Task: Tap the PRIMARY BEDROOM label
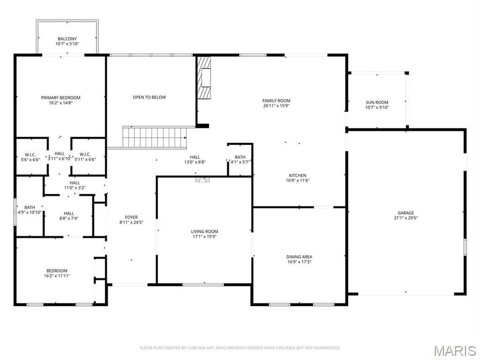(x=61, y=101)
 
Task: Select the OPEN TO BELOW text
(x=149, y=97)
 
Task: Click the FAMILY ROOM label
(x=276, y=103)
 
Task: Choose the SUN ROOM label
(x=377, y=105)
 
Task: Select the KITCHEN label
(x=298, y=178)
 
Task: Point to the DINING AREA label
(x=299, y=259)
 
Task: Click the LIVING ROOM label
(x=205, y=234)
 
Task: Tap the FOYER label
(x=131, y=220)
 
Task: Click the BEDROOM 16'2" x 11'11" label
(x=57, y=273)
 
